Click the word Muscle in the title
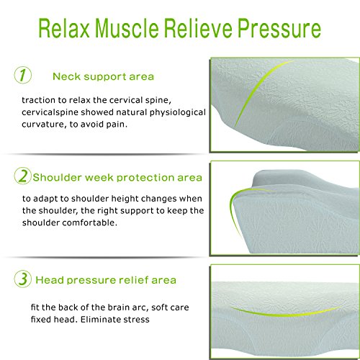click(x=127, y=28)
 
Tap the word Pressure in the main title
click(x=279, y=29)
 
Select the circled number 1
click(x=23, y=75)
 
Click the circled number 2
click(x=23, y=176)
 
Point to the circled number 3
click(x=23, y=279)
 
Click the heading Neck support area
click(x=103, y=77)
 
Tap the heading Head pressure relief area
click(x=106, y=280)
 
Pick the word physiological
click(x=178, y=112)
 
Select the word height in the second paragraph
click(x=125, y=199)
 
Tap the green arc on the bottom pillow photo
click(x=286, y=313)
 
